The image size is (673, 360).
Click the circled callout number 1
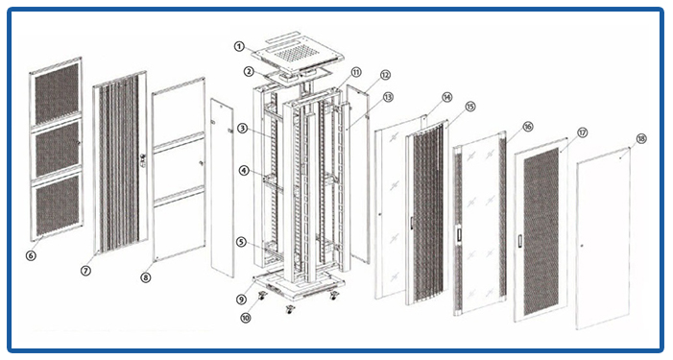coord(239,46)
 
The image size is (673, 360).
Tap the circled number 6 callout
coord(31,255)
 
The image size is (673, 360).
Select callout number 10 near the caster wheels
coord(246,318)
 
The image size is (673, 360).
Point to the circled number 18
coord(641,138)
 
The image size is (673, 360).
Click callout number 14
coord(447,97)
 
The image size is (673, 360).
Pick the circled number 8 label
coord(146,277)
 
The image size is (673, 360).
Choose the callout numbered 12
coord(385,75)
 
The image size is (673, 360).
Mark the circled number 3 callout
coord(243,128)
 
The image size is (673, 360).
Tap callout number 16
coord(528,126)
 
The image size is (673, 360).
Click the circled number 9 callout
coord(242,300)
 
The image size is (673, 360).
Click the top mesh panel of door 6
coord(57,94)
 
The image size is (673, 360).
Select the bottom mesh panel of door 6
coord(58,206)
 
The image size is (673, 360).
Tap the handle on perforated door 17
coord(520,241)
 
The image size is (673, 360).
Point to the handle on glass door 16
coord(459,234)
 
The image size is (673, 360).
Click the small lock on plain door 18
coord(582,246)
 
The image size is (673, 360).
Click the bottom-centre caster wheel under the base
coord(290,309)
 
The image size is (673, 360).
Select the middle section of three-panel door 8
coord(179,168)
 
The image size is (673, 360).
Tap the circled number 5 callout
coord(241,243)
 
